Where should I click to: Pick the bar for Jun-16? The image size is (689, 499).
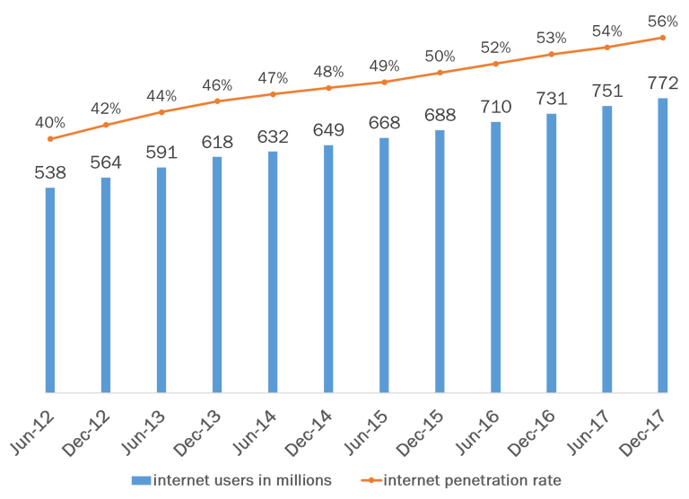[496, 256]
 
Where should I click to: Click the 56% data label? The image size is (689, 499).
[662, 21]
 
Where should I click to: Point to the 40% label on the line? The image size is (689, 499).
[50, 121]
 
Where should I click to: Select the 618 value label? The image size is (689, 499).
[216, 141]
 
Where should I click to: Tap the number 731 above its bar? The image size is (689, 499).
[552, 97]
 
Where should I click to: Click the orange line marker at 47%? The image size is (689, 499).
[273, 93]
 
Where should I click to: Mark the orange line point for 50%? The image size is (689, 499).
[440, 72]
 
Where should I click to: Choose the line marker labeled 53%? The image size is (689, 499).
[552, 53]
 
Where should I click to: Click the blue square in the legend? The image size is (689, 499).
[140, 480]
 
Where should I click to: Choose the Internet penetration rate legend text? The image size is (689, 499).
[472, 480]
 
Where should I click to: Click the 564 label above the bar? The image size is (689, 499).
[105, 162]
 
